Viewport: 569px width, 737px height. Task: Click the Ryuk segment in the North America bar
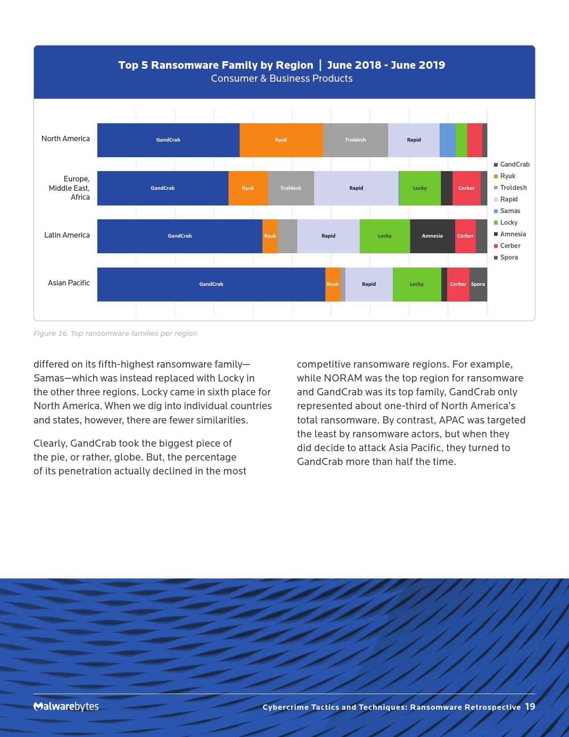click(x=281, y=140)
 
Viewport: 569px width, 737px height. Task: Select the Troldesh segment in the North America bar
click(x=355, y=140)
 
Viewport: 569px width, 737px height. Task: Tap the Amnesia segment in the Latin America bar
click(x=432, y=236)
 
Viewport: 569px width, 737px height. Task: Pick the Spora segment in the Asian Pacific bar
click(x=478, y=284)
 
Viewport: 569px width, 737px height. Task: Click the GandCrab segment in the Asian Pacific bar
click(x=211, y=284)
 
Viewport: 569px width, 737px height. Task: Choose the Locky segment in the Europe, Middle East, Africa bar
click(x=419, y=188)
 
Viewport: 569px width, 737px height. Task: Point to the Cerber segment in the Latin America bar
click(x=465, y=236)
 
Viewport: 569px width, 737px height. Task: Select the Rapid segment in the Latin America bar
click(x=328, y=236)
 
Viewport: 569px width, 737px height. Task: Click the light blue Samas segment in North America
click(x=447, y=140)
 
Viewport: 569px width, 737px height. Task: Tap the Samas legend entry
click(x=510, y=211)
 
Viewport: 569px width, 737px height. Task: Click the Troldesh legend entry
click(x=513, y=188)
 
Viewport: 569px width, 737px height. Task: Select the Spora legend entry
click(x=509, y=257)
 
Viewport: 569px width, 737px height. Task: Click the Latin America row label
click(x=67, y=235)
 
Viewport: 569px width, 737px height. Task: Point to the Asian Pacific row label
click(x=69, y=283)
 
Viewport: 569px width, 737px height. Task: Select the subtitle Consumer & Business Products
click(x=282, y=79)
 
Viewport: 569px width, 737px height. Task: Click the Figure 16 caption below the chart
click(x=115, y=333)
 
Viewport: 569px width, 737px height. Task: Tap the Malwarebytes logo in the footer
click(x=66, y=706)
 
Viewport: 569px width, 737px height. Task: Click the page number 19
click(x=530, y=707)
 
